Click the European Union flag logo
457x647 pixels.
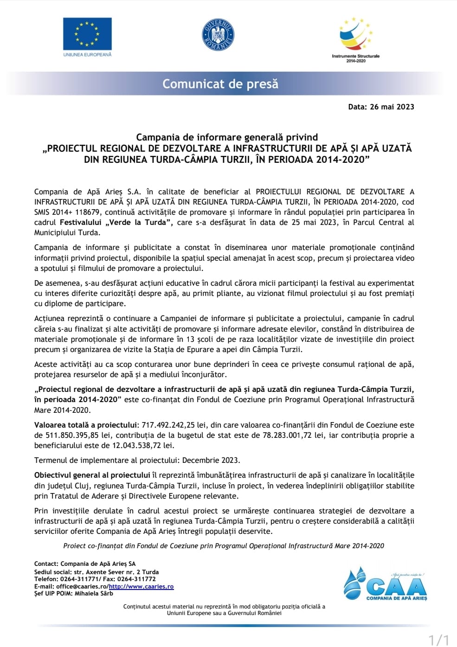coord(87,34)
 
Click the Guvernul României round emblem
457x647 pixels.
coord(218,35)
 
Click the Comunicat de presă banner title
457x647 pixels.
coord(220,84)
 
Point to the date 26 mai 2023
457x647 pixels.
coord(392,107)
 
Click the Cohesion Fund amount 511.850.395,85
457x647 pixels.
coord(72,436)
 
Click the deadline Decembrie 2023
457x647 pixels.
coord(211,461)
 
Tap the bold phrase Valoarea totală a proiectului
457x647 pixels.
coord(86,425)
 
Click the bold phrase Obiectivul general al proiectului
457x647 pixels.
coord(92,475)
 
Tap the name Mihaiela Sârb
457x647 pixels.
coord(94,594)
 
